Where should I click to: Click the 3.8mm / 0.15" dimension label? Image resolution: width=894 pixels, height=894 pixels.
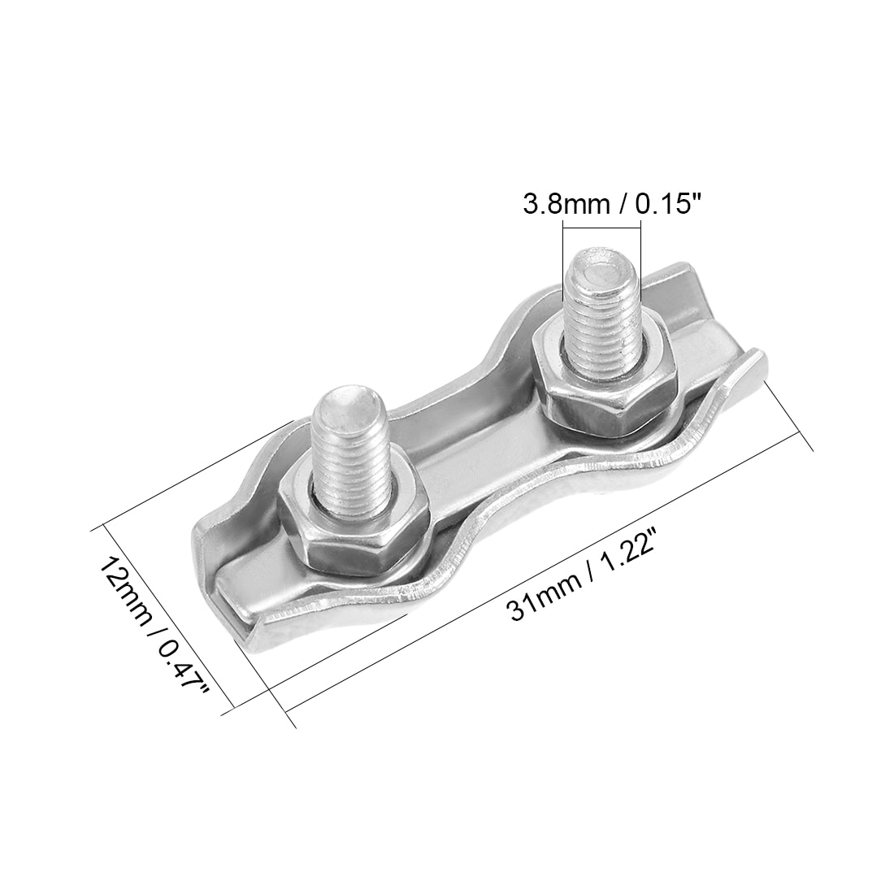610,203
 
